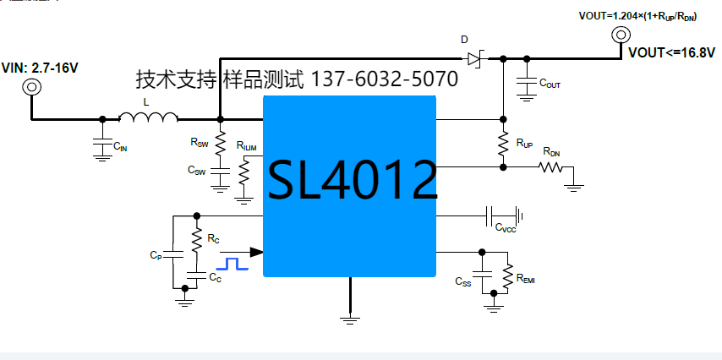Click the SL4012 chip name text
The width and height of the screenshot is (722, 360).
click(x=353, y=179)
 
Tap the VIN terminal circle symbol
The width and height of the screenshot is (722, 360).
click(x=32, y=86)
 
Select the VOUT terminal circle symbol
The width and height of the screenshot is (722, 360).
click(x=620, y=35)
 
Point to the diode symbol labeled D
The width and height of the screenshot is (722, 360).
click(x=473, y=58)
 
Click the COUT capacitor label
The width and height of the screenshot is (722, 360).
click(x=550, y=85)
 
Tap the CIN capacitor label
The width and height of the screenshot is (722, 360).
click(x=120, y=147)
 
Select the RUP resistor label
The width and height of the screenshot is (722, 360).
click(x=524, y=144)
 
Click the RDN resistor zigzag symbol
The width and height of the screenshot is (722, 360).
click(x=552, y=167)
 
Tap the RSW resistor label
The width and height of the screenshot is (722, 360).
click(x=200, y=144)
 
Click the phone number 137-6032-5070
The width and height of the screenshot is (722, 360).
click(x=386, y=80)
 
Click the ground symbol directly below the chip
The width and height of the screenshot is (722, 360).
click(x=349, y=318)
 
